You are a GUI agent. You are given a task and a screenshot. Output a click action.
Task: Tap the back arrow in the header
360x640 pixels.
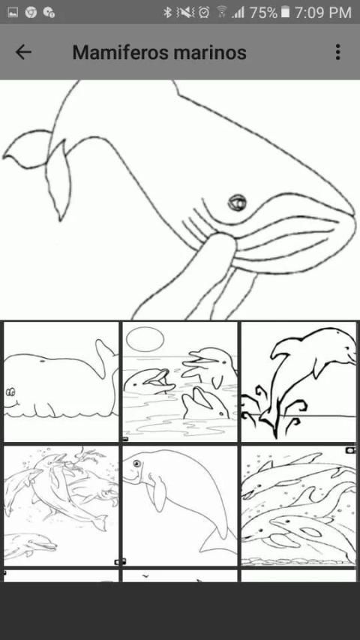[23, 52]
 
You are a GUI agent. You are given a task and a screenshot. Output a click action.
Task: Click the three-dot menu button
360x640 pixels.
[337, 53]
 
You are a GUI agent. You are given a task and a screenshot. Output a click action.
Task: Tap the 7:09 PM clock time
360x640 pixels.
[322, 13]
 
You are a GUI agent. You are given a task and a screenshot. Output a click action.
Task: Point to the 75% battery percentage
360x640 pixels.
[263, 13]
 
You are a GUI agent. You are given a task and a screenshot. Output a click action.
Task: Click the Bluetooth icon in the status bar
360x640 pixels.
[167, 13]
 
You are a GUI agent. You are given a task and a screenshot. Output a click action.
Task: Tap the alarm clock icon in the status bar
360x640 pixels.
[204, 13]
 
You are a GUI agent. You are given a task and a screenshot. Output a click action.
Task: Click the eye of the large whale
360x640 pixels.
[237, 202]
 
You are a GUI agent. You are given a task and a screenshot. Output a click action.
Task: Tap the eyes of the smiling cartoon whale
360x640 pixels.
[10, 392]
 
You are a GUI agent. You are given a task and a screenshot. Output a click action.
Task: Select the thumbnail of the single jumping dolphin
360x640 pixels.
[298, 382]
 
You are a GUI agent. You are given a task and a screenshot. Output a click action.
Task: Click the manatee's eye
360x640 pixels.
[136, 464]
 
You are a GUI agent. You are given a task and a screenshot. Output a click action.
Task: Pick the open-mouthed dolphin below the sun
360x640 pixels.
[150, 381]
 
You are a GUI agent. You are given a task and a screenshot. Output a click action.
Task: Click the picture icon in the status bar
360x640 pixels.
[13, 13]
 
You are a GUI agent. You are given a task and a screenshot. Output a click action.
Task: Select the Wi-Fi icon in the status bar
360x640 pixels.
[222, 12]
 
